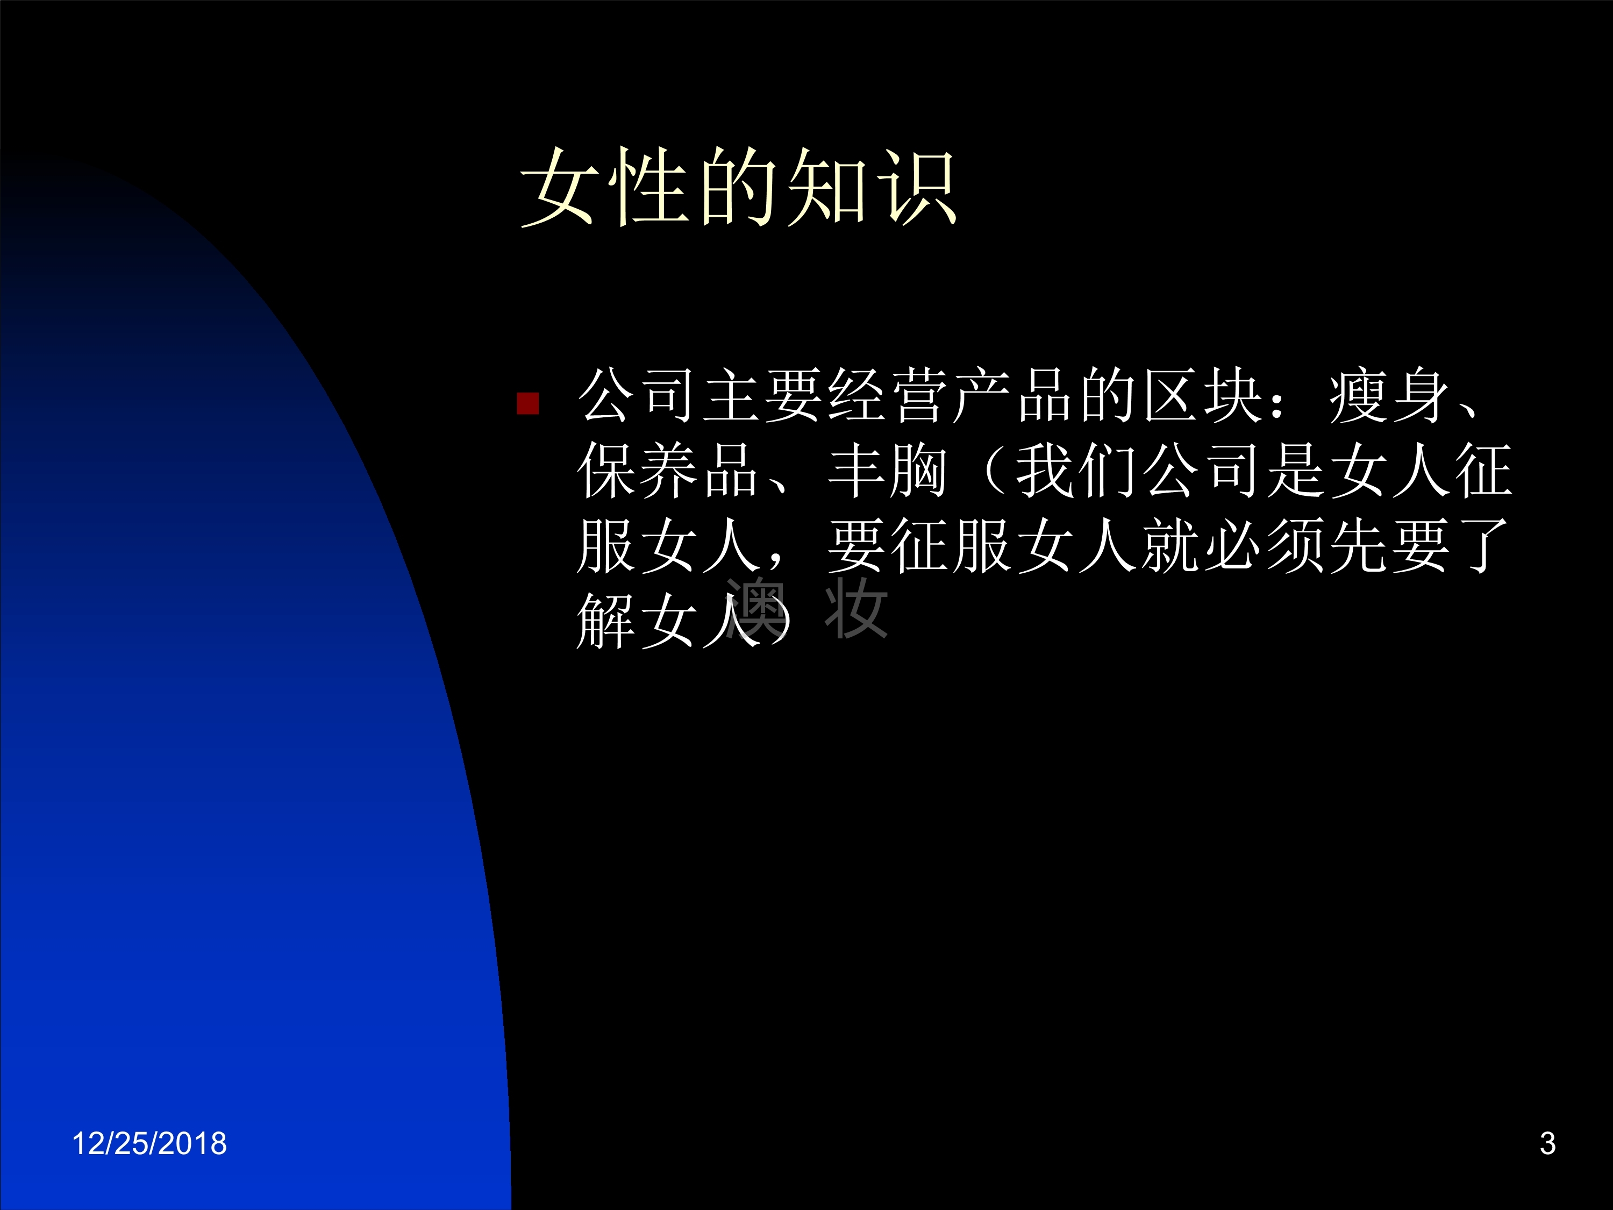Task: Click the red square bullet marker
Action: tap(527, 403)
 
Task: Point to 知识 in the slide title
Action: tap(872, 186)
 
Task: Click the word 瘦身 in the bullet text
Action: tap(1389, 395)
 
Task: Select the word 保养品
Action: tap(668, 471)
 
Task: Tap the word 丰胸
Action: tap(888, 471)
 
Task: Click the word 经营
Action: tap(888, 395)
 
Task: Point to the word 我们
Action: tap(1076, 471)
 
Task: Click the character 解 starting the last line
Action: tap(606, 621)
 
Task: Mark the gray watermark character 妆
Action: tap(855, 608)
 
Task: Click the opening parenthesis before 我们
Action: tap(995, 471)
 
